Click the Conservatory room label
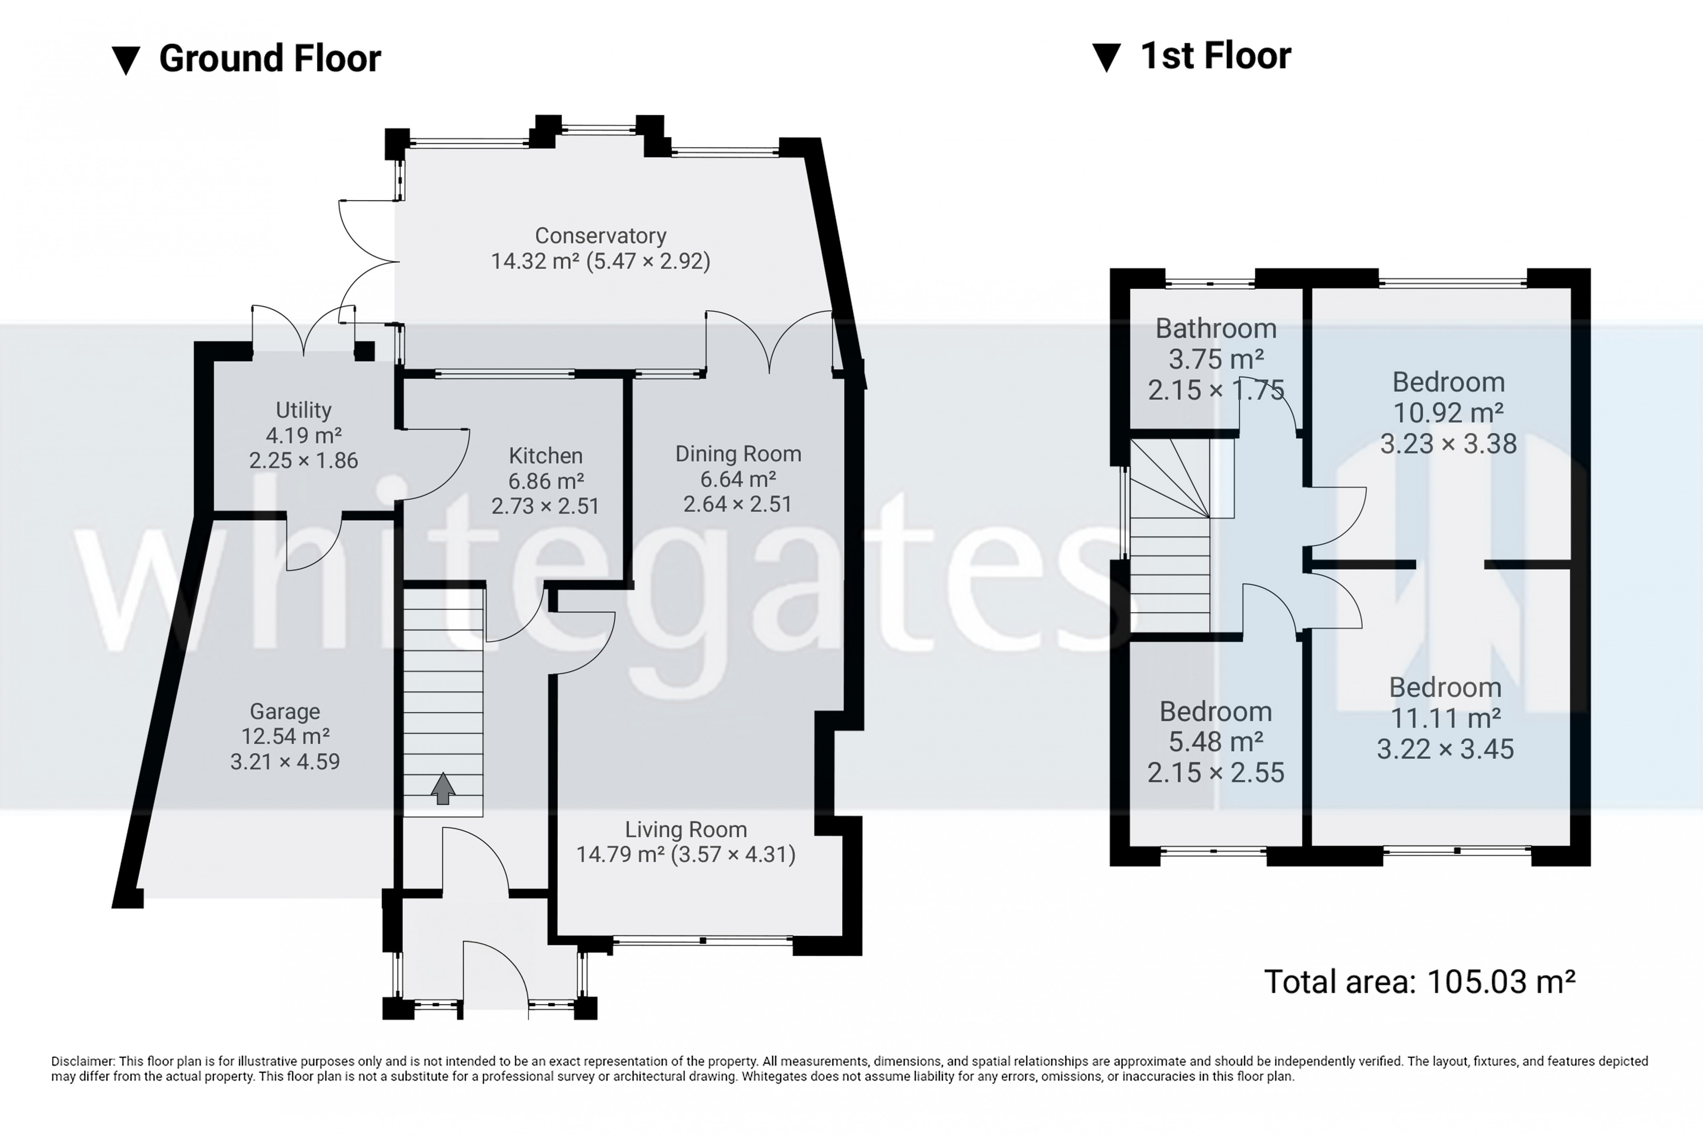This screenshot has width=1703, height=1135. (x=600, y=236)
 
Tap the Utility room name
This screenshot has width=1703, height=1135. (x=304, y=411)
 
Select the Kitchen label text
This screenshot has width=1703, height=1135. (x=545, y=456)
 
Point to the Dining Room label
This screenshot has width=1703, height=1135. (x=738, y=454)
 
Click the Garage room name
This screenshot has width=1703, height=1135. (x=285, y=712)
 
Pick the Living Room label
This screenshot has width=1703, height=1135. (x=686, y=830)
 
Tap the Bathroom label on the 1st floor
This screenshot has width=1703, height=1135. (x=1216, y=329)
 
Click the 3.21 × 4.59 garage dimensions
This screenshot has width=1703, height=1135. (x=285, y=761)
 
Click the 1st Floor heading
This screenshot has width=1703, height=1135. (x=1216, y=56)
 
